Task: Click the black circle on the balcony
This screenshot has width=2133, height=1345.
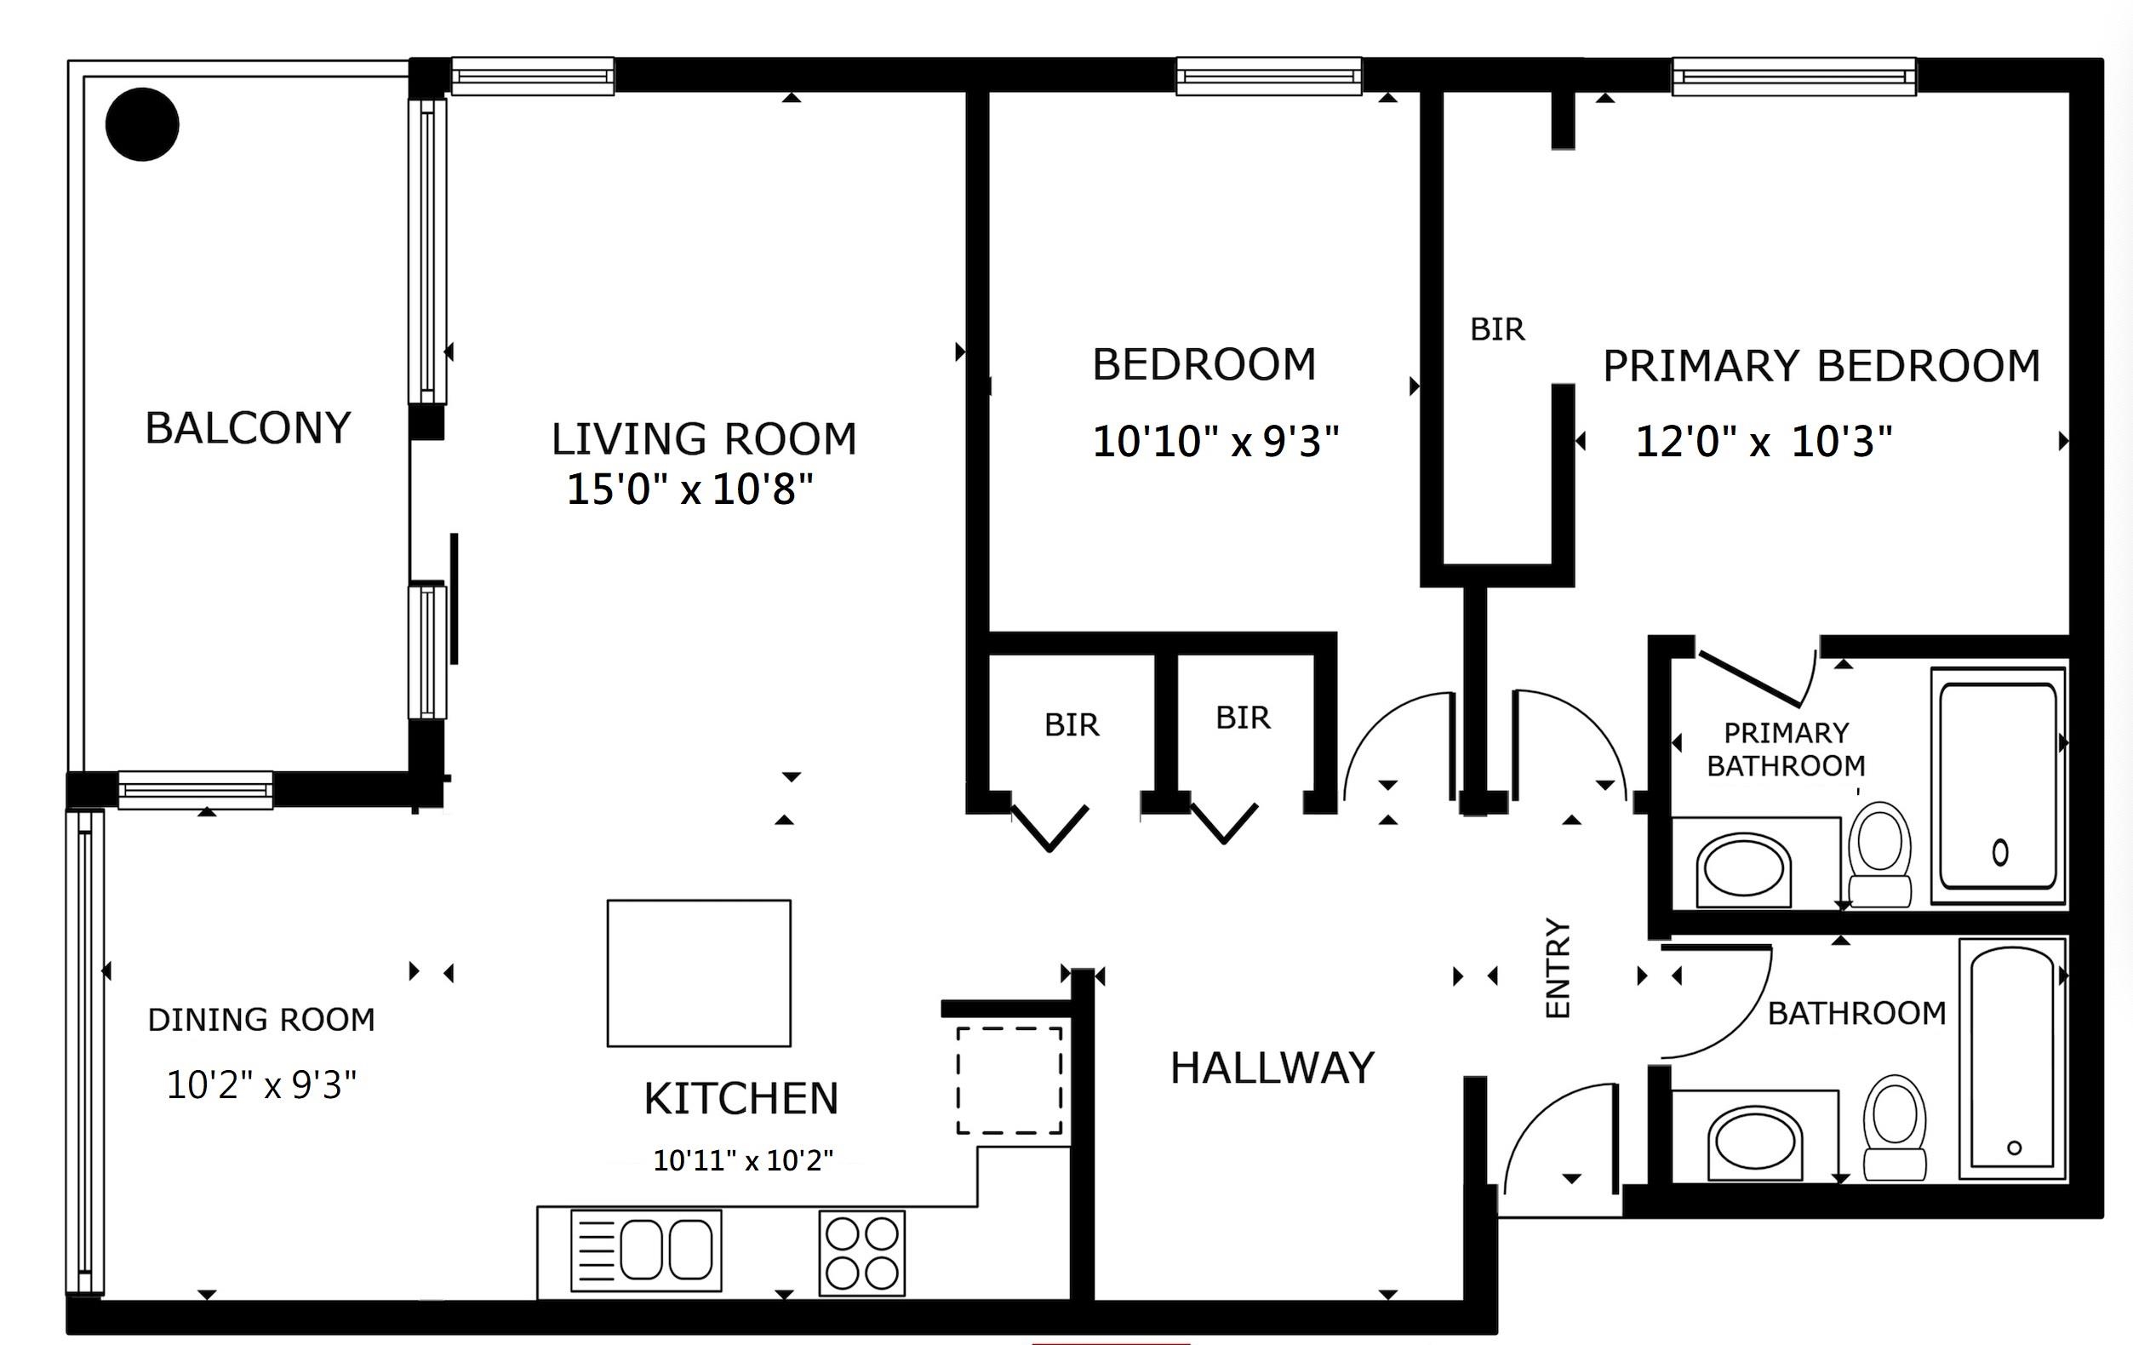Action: [142, 125]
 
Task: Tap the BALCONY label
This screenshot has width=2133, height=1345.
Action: [248, 428]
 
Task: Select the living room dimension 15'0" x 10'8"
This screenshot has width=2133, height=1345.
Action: [689, 489]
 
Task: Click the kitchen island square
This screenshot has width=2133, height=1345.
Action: [699, 973]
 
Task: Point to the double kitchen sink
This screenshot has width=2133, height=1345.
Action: [646, 1251]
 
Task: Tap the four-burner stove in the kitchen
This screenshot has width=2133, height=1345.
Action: [862, 1253]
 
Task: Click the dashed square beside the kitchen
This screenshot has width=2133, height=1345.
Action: [1009, 1080]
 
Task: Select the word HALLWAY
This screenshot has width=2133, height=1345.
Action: [1272, 1067]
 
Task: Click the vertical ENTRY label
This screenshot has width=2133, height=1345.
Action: [1558, 968]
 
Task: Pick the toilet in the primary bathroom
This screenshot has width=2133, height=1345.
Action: [1879, 854]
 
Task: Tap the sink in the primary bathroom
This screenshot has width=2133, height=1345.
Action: [1743, 870]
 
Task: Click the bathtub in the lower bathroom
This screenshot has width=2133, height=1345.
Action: [2012, 1059]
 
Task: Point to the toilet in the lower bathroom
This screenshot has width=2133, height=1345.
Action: [1895, 1127]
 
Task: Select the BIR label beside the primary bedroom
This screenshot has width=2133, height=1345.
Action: [1497, 329]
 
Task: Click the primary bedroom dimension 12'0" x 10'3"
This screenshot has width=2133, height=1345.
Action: [1764, 441]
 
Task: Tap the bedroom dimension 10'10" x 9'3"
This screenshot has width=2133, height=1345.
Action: [1215, 441]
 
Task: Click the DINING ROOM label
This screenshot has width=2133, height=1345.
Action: [261, 1020]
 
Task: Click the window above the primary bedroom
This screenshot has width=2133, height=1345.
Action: [1793, 77]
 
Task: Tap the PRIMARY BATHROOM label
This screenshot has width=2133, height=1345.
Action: [1786, 749]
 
